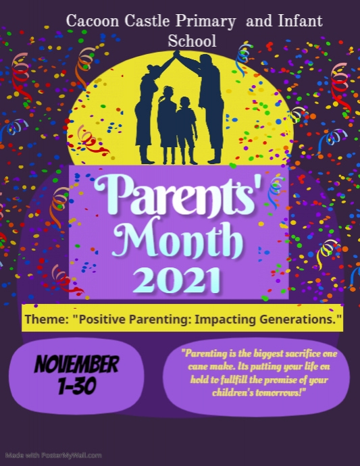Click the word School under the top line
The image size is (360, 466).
(x=192, y=41)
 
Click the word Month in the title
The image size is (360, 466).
(x=179, y=238)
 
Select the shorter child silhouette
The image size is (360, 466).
(x=186, y=132)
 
